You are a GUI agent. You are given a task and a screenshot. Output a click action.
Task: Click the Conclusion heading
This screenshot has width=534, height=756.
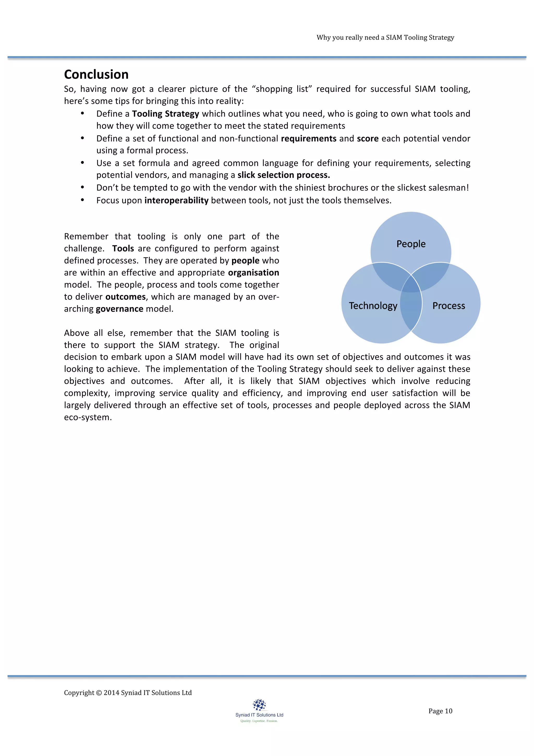[96, 74]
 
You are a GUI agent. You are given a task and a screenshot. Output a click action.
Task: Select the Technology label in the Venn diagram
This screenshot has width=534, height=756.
[373, 306]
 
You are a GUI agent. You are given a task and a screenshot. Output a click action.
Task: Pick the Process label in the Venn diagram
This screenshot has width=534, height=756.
[448, 306]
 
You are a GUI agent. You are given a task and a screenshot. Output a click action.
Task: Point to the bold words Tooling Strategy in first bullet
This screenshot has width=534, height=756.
[165, 114]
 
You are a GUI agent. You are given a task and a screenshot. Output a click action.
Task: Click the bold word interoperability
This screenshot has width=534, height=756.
[176, 200]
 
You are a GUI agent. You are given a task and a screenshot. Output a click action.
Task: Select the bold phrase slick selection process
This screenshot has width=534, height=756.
[283, 175]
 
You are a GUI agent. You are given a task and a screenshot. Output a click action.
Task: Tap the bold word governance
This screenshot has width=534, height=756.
[119, 309]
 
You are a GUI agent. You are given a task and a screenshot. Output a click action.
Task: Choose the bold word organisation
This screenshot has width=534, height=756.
[253, 273]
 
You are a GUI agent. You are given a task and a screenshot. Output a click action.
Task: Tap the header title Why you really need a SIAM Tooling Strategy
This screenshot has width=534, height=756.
[385, 38]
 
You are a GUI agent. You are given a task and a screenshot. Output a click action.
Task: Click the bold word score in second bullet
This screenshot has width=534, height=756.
[368, 138]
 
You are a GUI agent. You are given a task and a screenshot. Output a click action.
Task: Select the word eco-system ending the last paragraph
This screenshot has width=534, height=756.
[88, 417]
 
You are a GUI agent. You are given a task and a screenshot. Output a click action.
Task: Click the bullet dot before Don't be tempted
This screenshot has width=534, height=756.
[83, 187]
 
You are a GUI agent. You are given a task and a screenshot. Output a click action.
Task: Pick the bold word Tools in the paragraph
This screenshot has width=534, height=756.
[123, 248]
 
